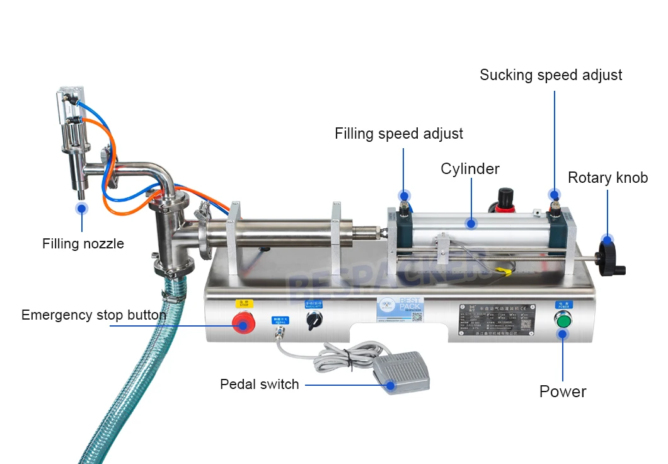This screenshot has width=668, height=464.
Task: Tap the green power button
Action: click(x=563, y=322)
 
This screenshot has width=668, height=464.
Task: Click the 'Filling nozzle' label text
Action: click(x=83, y=243)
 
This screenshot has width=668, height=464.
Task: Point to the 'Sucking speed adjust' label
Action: click(x=551, y=75)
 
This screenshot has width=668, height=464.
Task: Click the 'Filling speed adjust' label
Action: click(x=399, y=134)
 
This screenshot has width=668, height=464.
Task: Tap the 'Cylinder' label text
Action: click(x=470, y=169)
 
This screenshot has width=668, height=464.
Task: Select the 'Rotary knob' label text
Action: click(x=608, y=178)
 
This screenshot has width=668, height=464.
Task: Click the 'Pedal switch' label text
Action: click(x=260, y=384)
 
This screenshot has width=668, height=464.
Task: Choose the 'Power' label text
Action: click(x=563, y=391)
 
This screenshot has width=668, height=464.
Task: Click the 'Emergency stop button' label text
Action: click(x=94, y=315)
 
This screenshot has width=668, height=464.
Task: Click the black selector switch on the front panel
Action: click(x=311, y=322)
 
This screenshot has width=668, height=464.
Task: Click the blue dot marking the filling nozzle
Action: click(x=81, y=208)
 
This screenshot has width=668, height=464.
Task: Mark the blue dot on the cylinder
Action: click(x=470, y=223)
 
